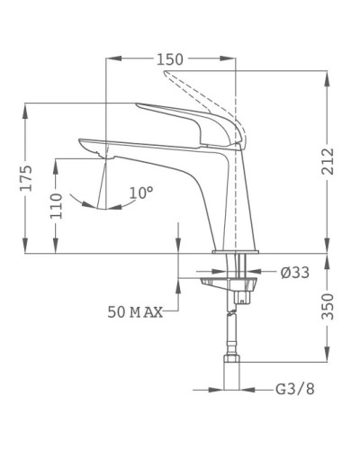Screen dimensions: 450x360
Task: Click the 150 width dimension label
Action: click(x=169, y=59)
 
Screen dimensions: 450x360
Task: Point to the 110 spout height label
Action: click(x=56, y=207)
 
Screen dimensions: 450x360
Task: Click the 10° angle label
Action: click(x=140, y=192)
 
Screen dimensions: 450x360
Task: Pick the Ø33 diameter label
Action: click(x=294, y=273)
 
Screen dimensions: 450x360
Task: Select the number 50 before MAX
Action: click(x=116, y=312)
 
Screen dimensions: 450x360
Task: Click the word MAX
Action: click(x=146, y=312)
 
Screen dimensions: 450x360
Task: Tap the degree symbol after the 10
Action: click(x=150, y=187)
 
